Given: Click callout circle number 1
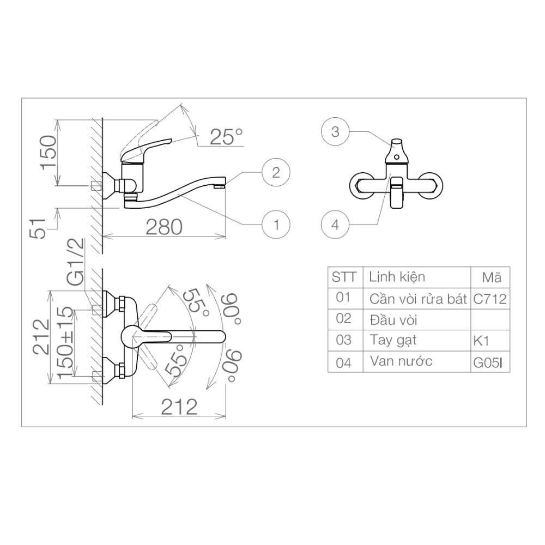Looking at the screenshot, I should (276, 223).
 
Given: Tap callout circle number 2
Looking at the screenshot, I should (276, 173).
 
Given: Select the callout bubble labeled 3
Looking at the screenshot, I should (335, 131).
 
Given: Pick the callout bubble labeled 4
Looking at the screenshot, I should (335, 224).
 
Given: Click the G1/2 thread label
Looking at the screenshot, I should (76, 262).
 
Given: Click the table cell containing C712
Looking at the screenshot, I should (490, 299).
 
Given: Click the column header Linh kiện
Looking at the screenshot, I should (397, 277).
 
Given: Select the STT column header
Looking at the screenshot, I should (344, 277).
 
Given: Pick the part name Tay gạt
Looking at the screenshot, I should (392, 341).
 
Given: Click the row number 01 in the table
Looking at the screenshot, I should (344, 298).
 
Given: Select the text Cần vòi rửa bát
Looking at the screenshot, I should (418, 299).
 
